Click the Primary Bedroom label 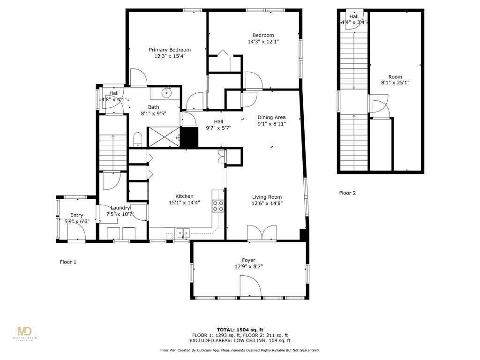coord(170,50)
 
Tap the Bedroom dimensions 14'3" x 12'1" coord(263,42)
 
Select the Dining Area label coord(271,117)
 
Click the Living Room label coord(267,197)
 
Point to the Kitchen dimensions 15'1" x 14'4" coord(184,202)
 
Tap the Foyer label coord(248,260)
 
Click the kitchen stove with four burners coord(218,206)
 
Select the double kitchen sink coord(183,232)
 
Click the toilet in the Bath coord(138,138)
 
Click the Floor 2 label coord(347,193)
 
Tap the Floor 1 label coord(68,262)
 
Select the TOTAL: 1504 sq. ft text coord(240,330)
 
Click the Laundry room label coord(120,208)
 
